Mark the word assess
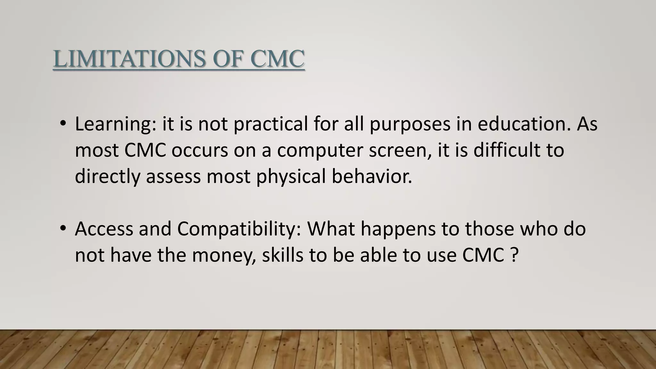173,177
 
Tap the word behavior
372,176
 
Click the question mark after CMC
513,255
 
